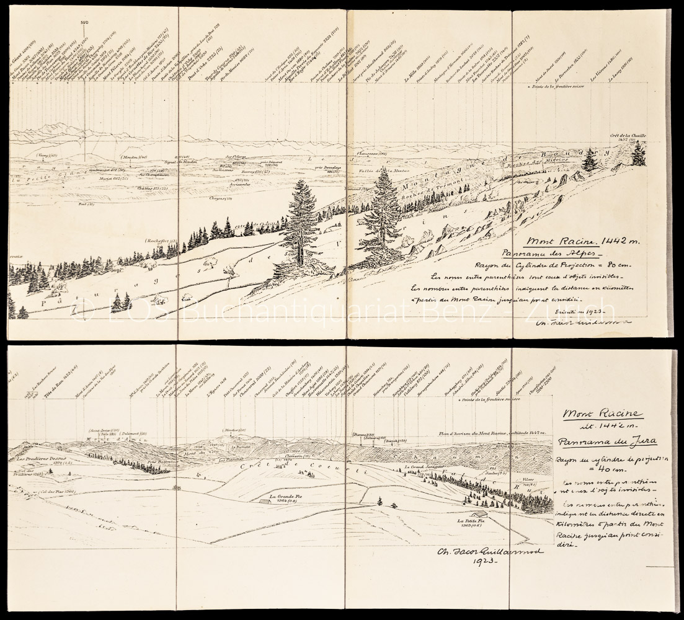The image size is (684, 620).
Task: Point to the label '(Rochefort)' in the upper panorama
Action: pos(161,239)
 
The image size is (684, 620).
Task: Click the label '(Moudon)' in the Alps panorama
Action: pos(133,157)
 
